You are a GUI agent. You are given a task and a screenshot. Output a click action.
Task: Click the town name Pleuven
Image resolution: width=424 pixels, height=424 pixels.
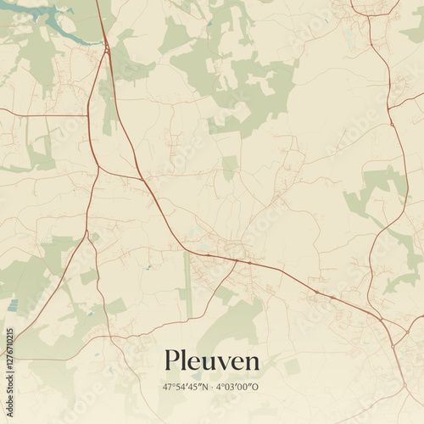point(212,361)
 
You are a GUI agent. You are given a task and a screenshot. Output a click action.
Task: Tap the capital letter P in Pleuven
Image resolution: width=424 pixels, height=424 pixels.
point(172,360)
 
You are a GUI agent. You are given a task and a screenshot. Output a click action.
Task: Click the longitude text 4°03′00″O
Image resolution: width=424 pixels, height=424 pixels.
point(237,387)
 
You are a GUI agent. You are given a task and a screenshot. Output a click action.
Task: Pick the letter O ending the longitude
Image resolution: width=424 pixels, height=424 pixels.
point(257,387)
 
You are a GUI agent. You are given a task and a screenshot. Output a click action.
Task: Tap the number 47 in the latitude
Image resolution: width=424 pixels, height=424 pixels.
point(167,387)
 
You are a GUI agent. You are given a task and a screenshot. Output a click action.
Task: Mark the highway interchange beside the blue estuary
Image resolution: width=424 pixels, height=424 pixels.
point(107,49)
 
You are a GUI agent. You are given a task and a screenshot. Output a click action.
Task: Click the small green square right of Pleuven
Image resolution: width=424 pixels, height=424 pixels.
point(292,366)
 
